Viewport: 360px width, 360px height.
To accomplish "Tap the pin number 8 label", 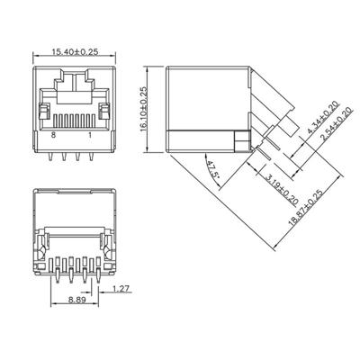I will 54,134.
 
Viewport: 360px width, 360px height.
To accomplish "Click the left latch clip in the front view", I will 42,112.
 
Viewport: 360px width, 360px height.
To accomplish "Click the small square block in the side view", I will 239,139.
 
